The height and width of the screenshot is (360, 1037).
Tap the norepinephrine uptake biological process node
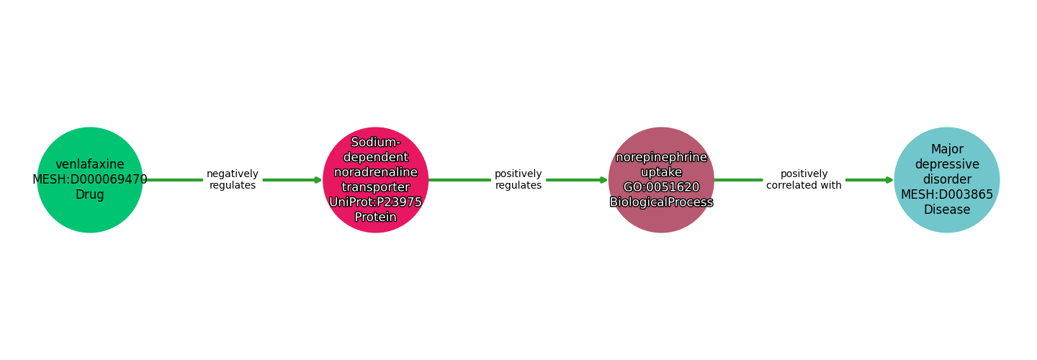click(x=661, y=220)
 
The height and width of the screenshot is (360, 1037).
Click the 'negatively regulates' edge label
click(x=232, y=180)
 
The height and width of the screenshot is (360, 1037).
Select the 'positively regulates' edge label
click(x=518, y=180)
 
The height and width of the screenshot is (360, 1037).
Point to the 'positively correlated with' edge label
click(x=804, y=180)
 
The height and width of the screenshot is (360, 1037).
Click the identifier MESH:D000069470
click(x=90, y=180)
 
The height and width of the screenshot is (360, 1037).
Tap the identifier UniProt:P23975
click(x=375, y=202)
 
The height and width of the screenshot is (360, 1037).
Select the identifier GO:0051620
click(x=661, y=187)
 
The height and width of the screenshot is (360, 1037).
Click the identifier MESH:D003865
click(x=946, y=194)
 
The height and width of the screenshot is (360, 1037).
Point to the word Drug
click(x=90, y=195)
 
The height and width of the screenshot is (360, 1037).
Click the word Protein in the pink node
click(x=375, y=217)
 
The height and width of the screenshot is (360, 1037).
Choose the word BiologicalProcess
click(x=661, y=202)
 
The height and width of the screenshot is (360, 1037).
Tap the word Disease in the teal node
click(x=946, y=210)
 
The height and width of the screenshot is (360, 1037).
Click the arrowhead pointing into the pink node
click(x=318, y=180)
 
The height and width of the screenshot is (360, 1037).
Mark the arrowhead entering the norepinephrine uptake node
click(x=603, y=180)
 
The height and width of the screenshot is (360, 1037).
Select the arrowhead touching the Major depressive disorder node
click(x=889, y=180)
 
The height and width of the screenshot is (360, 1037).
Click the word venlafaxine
click(x=90, y=165)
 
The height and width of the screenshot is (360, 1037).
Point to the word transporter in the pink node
click(x=375, y=187)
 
